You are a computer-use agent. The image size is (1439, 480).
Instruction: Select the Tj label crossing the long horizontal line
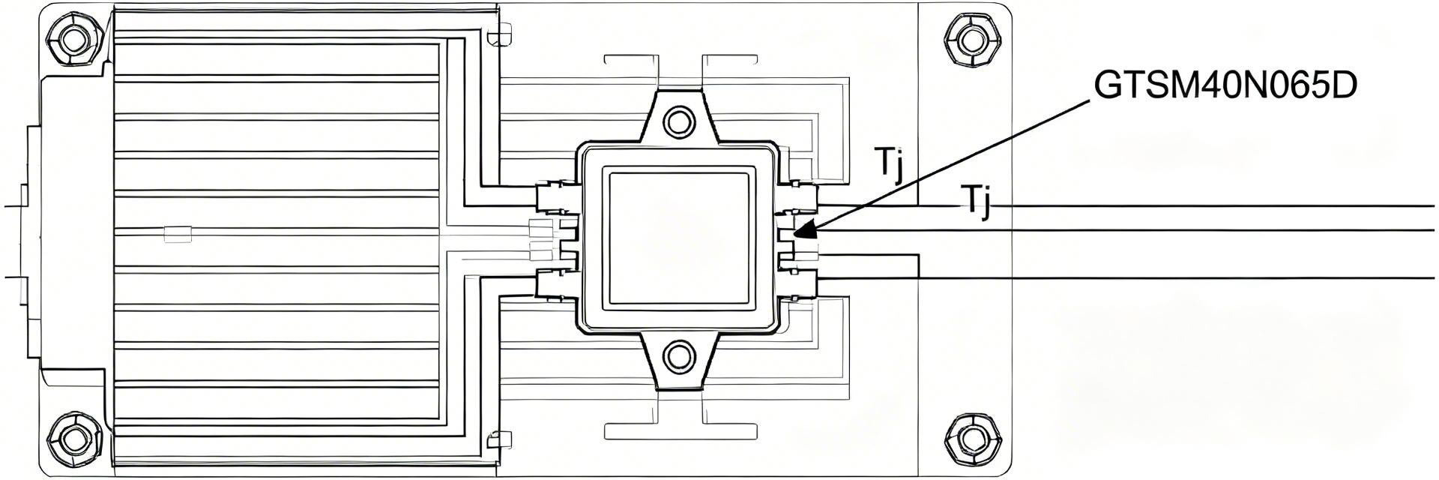point(976,201)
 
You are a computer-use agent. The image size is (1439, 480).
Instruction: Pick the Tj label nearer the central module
point(890,163)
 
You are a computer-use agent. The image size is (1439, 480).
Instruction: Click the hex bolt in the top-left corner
point(74,38)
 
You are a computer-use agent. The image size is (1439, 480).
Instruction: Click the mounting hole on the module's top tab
point(679,120)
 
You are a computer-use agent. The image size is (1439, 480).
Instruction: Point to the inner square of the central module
point(679,238)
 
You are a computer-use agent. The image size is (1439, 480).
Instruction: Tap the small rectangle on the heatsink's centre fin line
point(178,235)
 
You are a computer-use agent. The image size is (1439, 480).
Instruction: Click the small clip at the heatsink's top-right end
point(498,35)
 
